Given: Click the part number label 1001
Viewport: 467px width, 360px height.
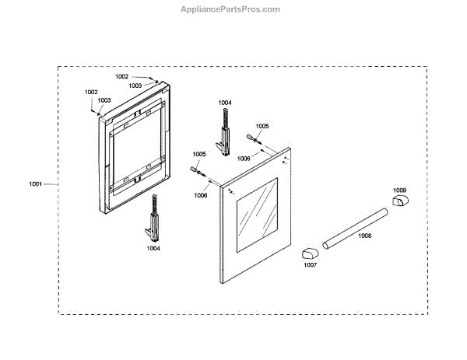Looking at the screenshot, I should coord(35,184).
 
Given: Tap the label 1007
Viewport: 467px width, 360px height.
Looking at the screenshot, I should coord(310,265).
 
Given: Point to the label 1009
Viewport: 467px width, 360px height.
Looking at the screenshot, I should coord(399,190).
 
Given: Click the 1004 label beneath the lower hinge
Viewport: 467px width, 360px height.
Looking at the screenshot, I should coord(153,248).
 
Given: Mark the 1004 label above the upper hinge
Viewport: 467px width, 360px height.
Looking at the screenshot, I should coord(225,103).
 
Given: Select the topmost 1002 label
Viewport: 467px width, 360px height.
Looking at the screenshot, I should coord(121,76).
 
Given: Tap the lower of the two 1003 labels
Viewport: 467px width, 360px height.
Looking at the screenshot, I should coord(104,100).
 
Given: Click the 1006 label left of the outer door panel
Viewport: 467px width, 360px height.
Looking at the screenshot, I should coord(201,196).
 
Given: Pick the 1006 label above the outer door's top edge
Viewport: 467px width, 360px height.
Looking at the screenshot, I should coord(244,158).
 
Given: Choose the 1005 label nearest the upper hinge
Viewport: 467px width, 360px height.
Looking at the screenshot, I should coord(262,126).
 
